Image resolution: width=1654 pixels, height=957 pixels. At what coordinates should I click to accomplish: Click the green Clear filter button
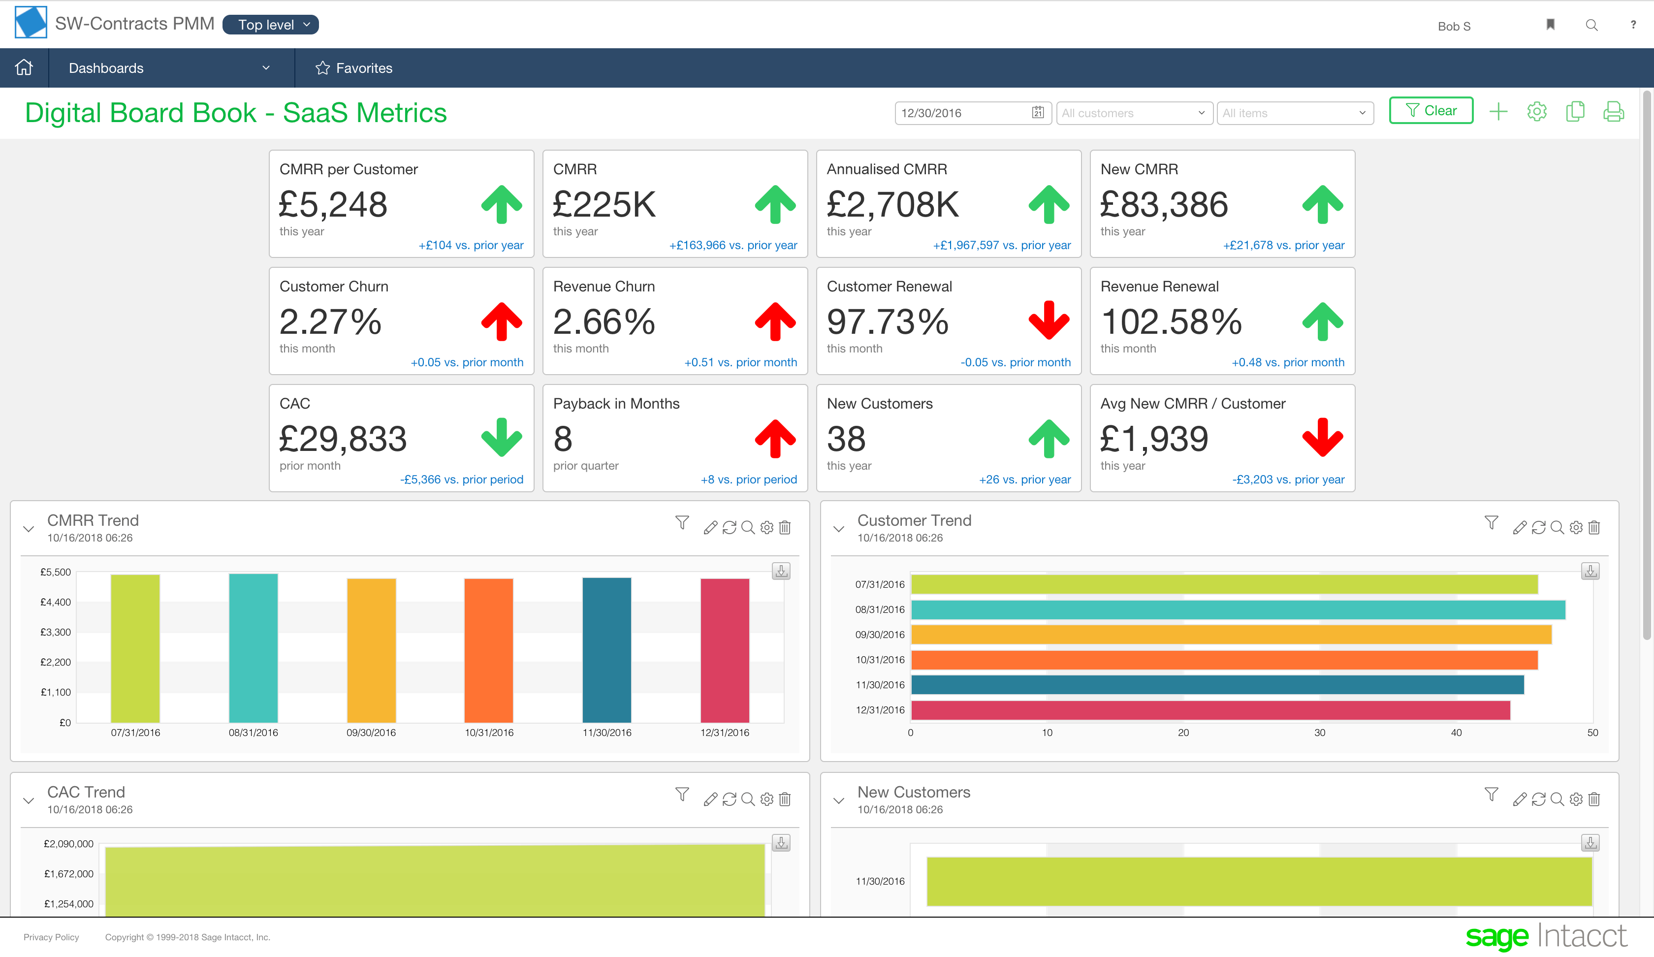(1431, 110)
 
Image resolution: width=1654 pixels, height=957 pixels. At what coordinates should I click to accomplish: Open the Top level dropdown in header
(270, 25)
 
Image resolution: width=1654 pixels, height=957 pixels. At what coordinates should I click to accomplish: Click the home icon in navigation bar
(24, 67)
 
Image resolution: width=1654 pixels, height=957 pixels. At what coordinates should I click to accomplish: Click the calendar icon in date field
(1038, 112)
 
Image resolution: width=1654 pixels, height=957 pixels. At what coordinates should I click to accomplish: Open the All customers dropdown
(1134, 113)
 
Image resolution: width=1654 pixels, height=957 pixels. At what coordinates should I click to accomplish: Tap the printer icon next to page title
(1613, 112)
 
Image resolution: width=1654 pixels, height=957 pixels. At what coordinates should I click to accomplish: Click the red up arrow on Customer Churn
(502, 321)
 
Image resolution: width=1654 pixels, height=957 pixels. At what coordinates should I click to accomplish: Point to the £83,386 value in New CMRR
(1164, 205)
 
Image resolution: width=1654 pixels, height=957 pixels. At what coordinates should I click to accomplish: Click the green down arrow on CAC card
(502, 437)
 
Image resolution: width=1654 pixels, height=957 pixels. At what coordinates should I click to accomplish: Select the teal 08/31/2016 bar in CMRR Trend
(254, 648)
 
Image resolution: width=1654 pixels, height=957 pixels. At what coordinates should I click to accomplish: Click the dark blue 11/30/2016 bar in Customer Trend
(1217, 685)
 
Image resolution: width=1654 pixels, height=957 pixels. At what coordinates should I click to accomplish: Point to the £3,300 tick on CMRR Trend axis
(56, 632)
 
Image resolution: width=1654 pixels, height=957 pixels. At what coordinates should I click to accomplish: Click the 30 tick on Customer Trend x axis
(1319, 733)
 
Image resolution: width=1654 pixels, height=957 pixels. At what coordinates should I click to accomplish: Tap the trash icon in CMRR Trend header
(785, 527)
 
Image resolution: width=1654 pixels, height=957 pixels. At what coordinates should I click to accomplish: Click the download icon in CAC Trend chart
(781, 843)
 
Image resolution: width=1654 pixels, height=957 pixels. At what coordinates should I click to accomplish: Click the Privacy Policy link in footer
(51, 937)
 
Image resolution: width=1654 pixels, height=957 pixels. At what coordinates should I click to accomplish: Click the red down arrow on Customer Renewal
(1049, 321)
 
